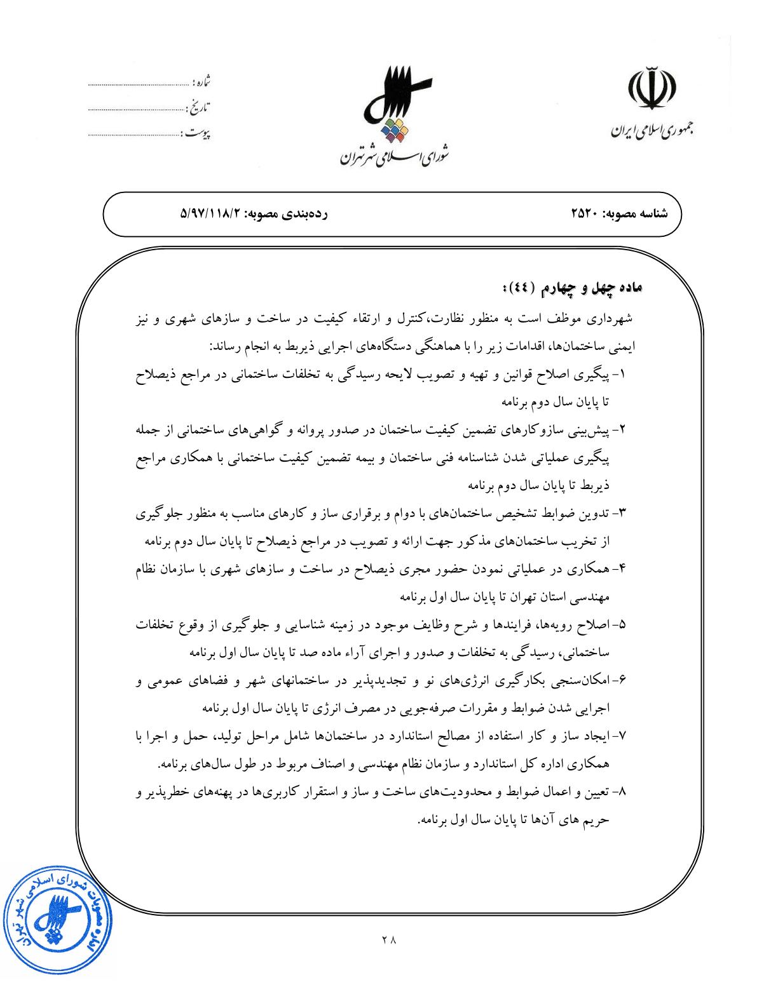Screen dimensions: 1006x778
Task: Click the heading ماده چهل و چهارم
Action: click(575, 290)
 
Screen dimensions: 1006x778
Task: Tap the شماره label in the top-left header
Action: click(201, 83)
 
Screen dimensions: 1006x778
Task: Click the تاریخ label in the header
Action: click(199, 106)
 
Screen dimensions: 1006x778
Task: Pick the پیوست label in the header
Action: click(196, 133)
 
